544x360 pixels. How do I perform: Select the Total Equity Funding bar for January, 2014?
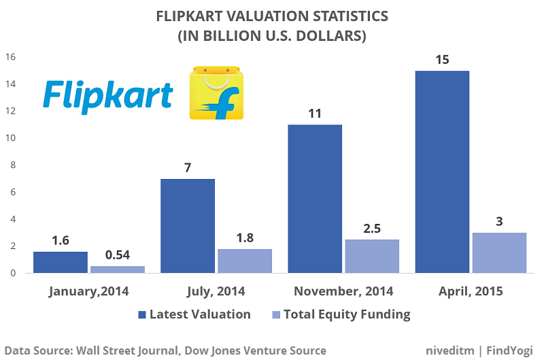pos(117,269)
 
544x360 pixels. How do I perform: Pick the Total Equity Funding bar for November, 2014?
pos(372,257)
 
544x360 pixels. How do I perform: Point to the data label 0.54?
pos(117,254)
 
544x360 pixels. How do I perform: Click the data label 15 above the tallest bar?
pos(442,59)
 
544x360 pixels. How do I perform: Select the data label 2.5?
pos(372,227)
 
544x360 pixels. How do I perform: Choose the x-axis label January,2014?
pos(89,291)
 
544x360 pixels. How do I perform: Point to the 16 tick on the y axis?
pos(10,57)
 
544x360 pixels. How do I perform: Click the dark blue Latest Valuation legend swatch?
pos(141,314)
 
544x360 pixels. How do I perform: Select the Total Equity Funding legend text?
pos(347,314)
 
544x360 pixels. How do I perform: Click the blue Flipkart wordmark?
pos(107,95)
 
